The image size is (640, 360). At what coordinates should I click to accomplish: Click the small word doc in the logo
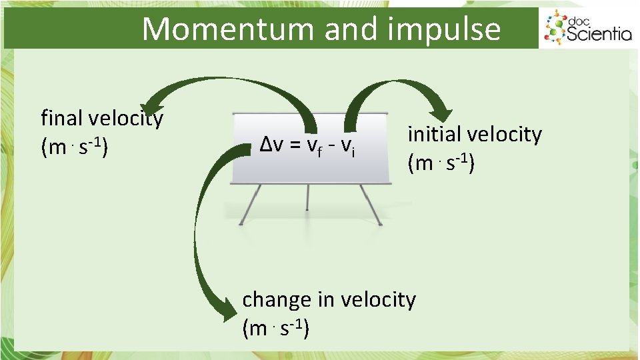(x=577, y=20)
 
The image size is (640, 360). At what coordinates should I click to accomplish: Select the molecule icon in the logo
(x=555, y=28)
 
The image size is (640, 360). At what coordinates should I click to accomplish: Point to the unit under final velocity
(x=75, y=147)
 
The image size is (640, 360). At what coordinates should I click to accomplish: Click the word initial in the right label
(x=434, y=134)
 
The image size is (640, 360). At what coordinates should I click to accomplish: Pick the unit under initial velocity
(x=441, y=163)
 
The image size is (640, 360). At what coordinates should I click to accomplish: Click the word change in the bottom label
(x=277, y=300)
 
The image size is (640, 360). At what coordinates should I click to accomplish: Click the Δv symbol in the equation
(x=270, y=143)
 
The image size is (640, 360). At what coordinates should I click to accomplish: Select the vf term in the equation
(x=313, y=145)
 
